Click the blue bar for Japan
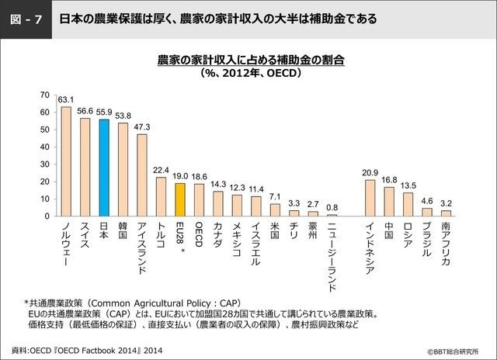(103, 168)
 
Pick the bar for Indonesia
(370, 198)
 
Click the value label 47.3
(142, 126)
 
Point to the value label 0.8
(332, 207)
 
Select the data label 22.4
(161, 170)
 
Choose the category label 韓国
(123, 231)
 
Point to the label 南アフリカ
(446, 244)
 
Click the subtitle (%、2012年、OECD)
(250, 74)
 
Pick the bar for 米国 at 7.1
(275, 209)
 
